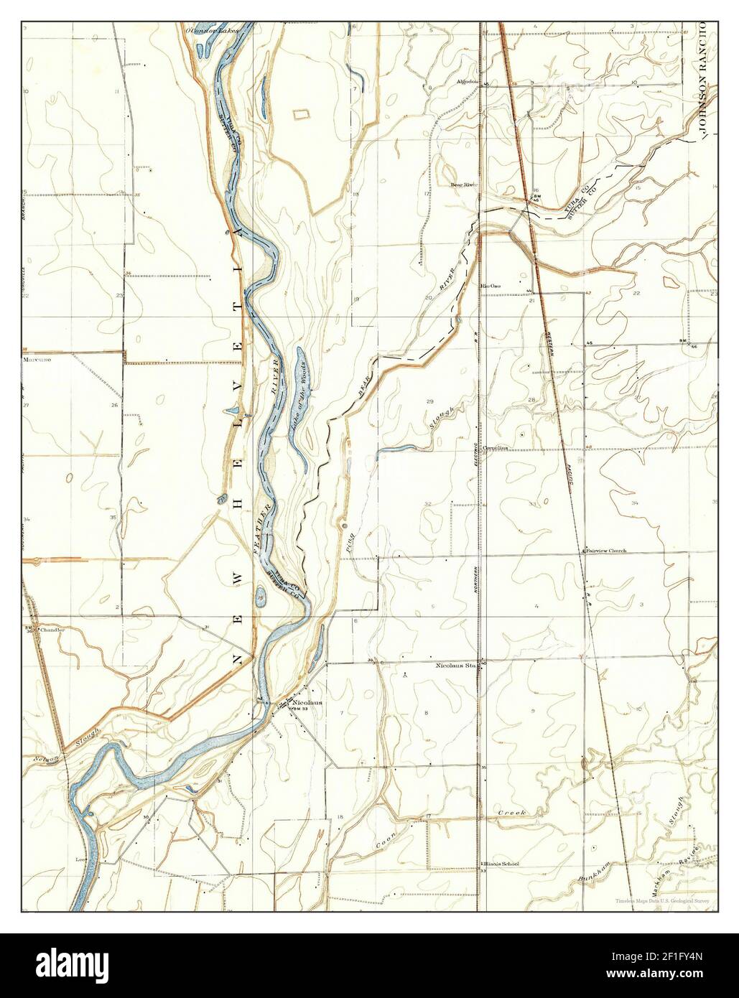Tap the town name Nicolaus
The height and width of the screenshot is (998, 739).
point(307,701)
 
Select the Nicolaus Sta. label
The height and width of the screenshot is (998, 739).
point(456,666)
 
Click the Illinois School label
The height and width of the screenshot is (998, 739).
point(501,864)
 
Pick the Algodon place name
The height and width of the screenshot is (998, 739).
point(467,81)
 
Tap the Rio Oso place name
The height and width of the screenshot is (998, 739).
point(491,286)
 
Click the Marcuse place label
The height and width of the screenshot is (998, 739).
point(36,359)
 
